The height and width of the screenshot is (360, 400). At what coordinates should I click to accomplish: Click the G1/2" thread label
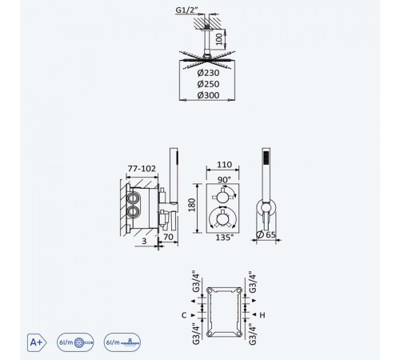(x=186, y=10)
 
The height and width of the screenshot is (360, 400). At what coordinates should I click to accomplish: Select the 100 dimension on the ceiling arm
(x=218, y=39)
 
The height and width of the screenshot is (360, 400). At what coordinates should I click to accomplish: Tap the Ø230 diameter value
(x=208, y=73)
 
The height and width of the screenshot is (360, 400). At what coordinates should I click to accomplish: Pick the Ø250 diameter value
(x=208, y=84)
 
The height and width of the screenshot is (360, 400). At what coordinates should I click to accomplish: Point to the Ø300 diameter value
(x=208, y=95)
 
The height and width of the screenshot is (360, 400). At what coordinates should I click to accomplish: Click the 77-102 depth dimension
(x=142, y=169)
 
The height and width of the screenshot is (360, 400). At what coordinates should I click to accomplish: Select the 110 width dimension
(x=224, y=165)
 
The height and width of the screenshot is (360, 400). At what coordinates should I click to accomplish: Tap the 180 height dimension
(x=192, y=205)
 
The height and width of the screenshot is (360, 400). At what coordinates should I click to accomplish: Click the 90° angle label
(x=224, y=179)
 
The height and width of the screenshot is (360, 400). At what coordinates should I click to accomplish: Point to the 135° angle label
(x=225, y=237)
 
